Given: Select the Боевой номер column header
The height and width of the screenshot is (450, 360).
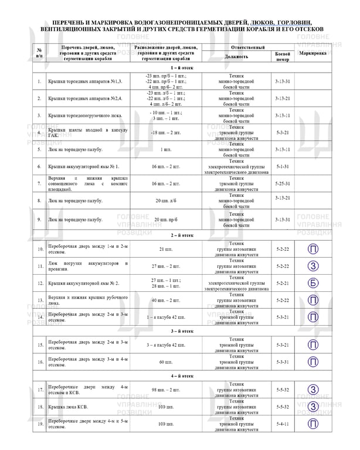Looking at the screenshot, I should click(x=283, y=56).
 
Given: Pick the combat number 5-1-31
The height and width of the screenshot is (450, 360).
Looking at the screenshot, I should click(x=283, y=166).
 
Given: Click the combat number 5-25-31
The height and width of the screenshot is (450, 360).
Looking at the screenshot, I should click(x=283, y=183).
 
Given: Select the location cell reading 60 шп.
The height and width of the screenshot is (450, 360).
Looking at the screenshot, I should click(x=165, y=362).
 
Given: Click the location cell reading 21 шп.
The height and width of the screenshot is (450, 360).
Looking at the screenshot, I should click(x=165, y=250).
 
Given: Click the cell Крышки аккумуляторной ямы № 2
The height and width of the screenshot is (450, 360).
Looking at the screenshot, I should click(x=76, y=283).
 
